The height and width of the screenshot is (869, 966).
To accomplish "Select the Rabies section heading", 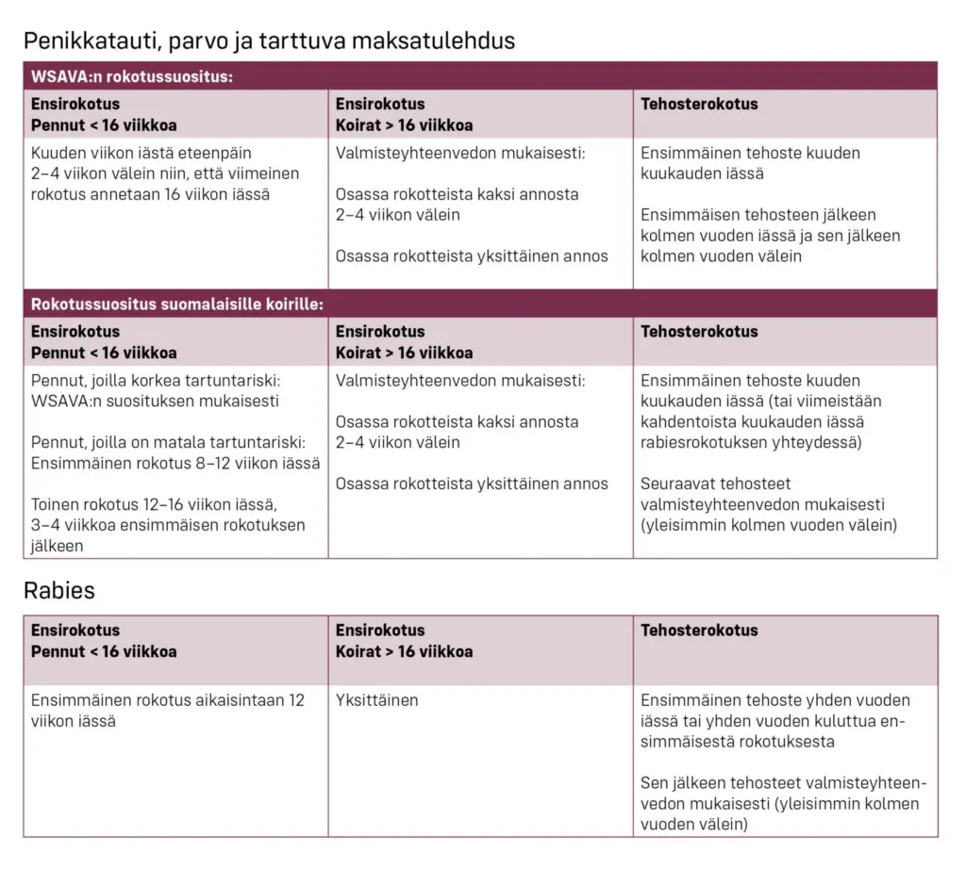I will click(58, 591).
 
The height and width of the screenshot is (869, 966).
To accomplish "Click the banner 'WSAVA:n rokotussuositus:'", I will click(131, 76).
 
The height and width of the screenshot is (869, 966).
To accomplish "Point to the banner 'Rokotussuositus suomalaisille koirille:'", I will click(176, 304).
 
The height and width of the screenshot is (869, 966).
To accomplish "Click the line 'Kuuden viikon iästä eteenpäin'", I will click(142, 153).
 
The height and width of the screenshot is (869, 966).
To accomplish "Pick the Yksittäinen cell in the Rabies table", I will click(376, 700).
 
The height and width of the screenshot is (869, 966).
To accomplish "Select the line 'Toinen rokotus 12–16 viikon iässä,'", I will click(154, 504).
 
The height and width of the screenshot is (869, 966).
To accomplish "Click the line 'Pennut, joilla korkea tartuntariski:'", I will click(157, 381).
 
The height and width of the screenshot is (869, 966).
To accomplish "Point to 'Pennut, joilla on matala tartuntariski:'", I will click(168, 443).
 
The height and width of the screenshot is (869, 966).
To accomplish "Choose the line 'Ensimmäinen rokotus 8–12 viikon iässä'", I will click(175, 463).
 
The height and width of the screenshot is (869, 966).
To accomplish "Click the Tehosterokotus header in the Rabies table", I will click(699, 631).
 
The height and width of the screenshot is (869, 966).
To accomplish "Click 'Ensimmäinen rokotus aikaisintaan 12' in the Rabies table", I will click(168, 700).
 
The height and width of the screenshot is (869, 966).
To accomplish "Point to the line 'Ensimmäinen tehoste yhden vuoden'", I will click(775, 700).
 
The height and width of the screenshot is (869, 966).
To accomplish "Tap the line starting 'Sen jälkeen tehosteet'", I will click(783, 783).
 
